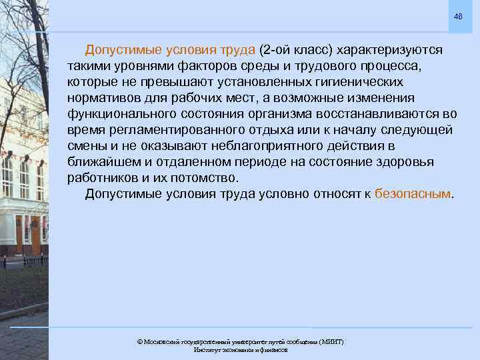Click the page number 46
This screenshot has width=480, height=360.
[457, 16]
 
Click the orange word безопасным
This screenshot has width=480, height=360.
[413, 195]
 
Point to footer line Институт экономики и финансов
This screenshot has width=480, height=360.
[240, 350]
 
